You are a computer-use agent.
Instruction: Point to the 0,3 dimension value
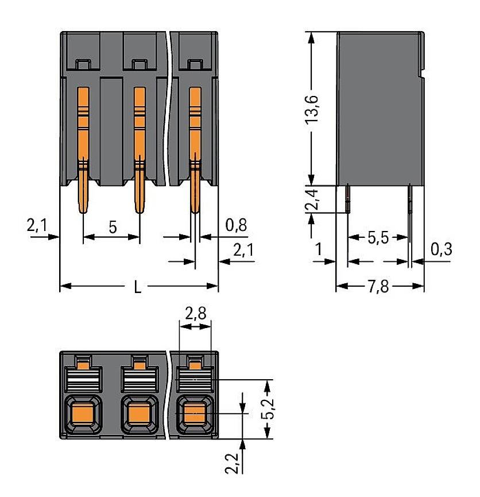(440, 249)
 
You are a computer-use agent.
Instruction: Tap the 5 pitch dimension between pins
(113, 226)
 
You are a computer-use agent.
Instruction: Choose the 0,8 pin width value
(236, 225)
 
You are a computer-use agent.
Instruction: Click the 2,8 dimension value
(196, 313)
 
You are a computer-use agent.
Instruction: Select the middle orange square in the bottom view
(138, 413)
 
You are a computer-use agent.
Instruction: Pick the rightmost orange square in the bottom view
(193, 413)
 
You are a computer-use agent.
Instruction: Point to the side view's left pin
(349, 198)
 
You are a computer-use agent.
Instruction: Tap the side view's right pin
(409, 198)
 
